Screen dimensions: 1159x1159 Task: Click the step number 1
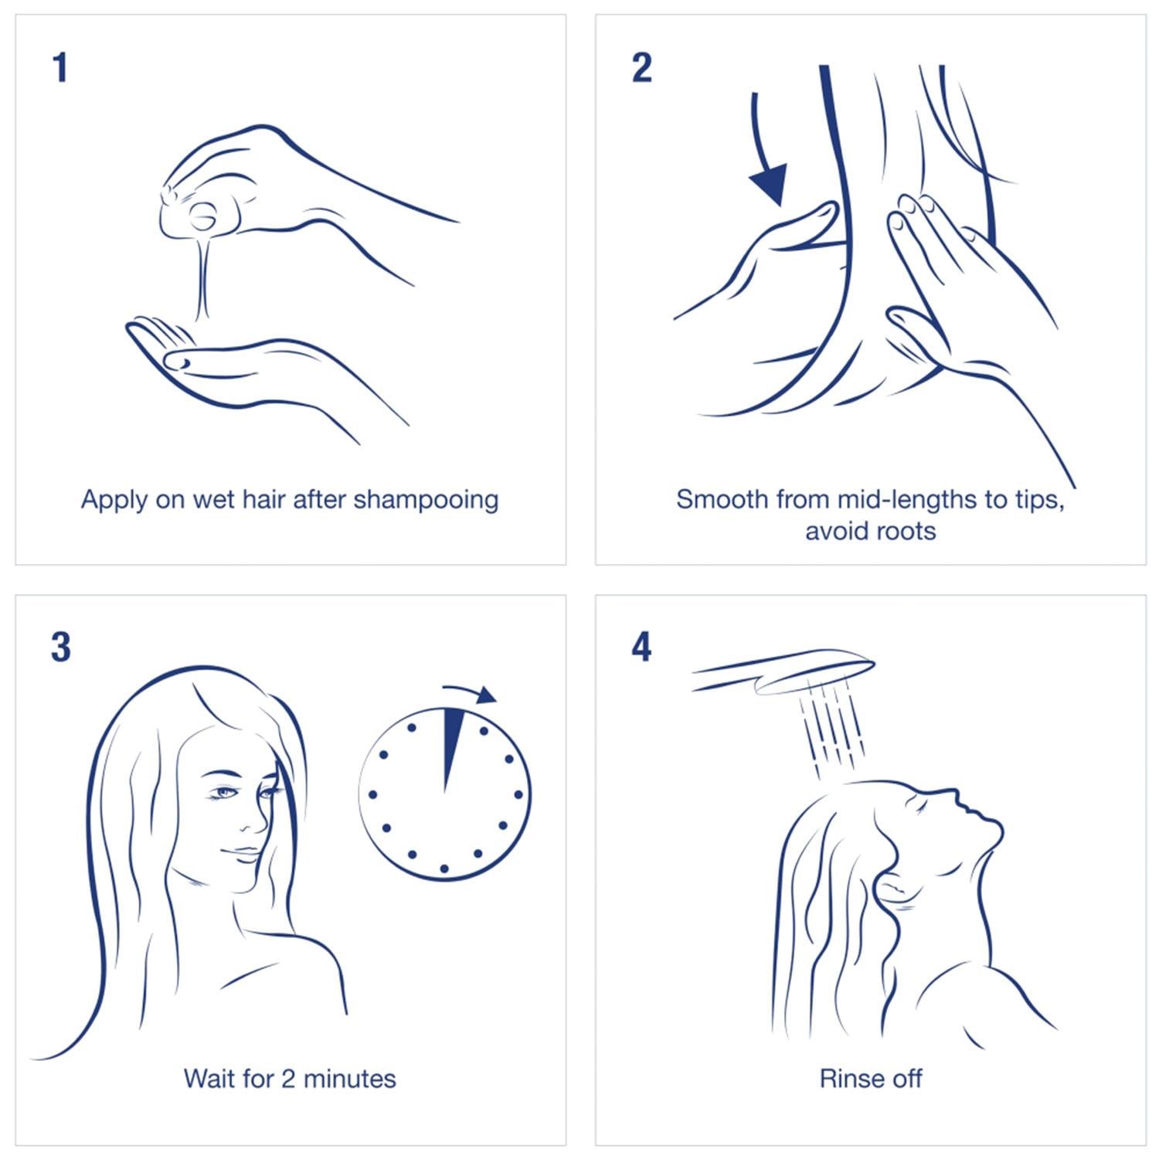tap(59, 67)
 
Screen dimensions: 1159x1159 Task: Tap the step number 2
tap(642, 67)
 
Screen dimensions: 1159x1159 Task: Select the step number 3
tap(61, 647)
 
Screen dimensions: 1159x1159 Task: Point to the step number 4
tap(642, 647)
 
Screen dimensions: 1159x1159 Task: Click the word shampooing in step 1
tap(426, 501)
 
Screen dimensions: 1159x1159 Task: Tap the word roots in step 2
tap(903, 532)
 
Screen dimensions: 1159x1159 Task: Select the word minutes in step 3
tap(349, 1079)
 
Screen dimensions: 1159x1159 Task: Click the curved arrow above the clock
tap(470, 691)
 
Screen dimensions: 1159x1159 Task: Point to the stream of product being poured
tap(204, 278)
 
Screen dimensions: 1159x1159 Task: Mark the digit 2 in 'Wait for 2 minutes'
tap(288, 1079)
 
